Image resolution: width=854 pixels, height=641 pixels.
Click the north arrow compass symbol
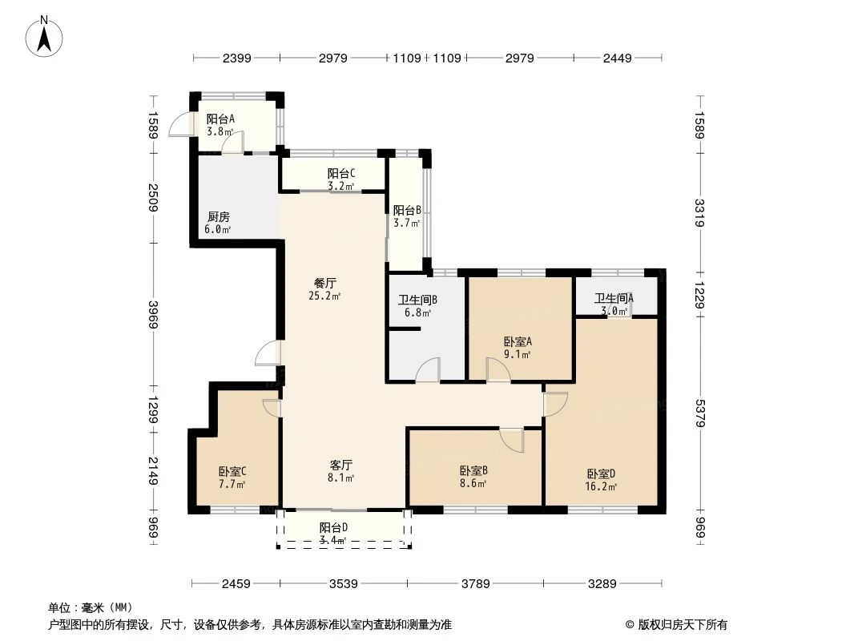coord(46,36)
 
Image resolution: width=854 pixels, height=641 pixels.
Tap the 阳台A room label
coord(220,119)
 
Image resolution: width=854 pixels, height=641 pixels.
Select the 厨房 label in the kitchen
coord(219,216)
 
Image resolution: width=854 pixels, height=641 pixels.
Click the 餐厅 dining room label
coord(324,283)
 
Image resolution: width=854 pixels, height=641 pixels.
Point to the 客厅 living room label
coord(341,465)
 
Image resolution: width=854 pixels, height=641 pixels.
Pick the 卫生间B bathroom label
coord(417,300)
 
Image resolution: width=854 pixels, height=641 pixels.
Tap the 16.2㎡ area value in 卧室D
coord(601,486)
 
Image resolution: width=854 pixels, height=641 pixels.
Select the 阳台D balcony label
coord(333,527)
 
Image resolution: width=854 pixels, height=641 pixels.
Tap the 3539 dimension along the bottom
coord(343,584)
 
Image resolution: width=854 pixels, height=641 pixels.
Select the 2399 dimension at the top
coord(237,58)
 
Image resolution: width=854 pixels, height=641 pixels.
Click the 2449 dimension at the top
coord(618,58)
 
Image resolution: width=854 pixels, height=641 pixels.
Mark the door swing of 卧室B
coord(510,440)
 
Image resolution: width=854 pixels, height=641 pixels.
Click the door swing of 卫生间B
coord(429,369)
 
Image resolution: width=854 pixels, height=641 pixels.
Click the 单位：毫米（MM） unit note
coord(91,607)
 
